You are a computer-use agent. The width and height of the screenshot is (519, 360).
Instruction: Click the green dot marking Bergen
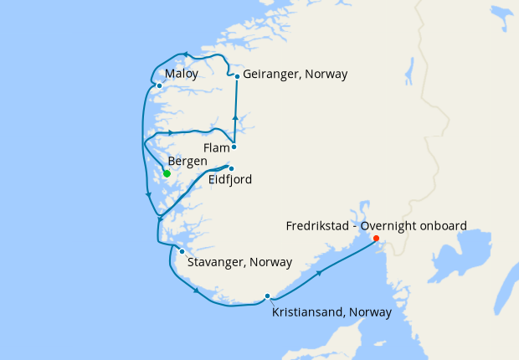167,173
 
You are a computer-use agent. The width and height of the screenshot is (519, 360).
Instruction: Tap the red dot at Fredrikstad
376,238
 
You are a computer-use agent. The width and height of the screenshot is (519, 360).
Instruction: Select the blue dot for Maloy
159,85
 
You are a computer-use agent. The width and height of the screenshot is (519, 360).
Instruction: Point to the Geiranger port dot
238,76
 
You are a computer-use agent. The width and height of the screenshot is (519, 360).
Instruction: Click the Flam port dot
234,147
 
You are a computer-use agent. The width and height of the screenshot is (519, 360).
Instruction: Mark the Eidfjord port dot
231,168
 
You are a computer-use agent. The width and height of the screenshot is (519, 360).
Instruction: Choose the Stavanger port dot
182,251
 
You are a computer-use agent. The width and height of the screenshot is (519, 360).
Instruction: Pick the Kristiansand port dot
267,296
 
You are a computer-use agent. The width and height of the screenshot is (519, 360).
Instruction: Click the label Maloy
182,75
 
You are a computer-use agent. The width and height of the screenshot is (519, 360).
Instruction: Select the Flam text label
216,147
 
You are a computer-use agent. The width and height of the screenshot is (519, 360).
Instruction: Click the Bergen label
188,161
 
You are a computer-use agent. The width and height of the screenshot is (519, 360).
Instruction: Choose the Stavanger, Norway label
239,263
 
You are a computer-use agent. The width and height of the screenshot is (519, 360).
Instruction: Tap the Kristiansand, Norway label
332,312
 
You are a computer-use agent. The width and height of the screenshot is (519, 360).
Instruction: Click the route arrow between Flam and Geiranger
235,117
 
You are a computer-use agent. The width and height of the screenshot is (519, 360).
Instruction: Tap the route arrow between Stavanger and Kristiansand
197,291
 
